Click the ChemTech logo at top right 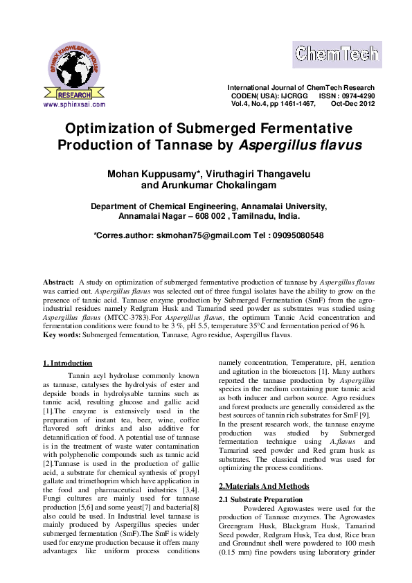click(336, 53)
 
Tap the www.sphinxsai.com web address click(74, 105)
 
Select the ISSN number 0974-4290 click(357, 96)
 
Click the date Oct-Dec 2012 click(352, 103)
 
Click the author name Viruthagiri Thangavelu click(261, 173)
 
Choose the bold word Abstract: click(58, 283)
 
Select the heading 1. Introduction click(67, 363)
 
